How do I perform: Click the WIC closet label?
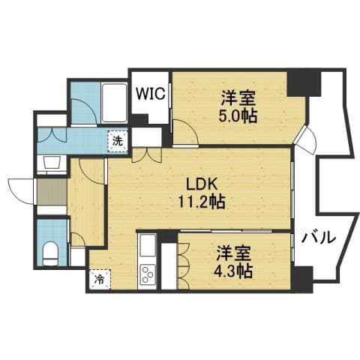(150, 93)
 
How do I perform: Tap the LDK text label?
(201, 184)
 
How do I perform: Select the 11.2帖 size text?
(202, 202)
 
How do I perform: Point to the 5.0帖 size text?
(238, 115)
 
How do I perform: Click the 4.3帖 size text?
(233, 271)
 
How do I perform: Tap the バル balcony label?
(318, 238)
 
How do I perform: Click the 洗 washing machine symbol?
(118, 141)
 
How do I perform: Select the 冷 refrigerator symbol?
(100, 279)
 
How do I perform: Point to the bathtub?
(114, 103)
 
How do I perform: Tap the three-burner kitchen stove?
(147, 274)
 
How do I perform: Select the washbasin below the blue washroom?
(52, 163)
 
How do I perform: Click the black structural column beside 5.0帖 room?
(304, 84)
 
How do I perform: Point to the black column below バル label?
(303, 279)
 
